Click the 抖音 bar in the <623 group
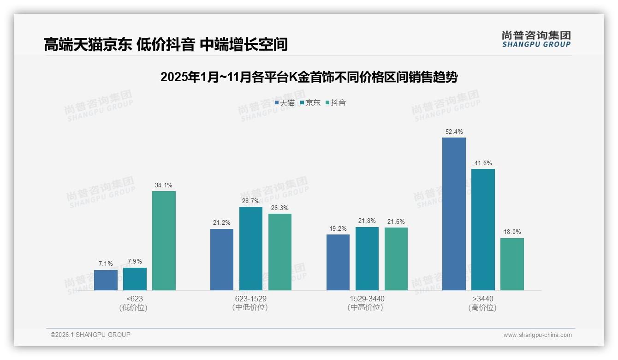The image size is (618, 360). pyautogui.click(x=164, y=240)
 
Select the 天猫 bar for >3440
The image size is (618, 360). pyautogui.click(x=454, y=214)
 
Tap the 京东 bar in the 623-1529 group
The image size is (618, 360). pyautogui.click(x=251, y=248)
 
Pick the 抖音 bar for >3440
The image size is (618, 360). pyautogui.click(x=512, y=264)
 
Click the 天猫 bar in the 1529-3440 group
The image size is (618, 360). pyautogui.click(x=338, y=262)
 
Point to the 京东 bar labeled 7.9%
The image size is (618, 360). pyautogui.click(x=135, y=279)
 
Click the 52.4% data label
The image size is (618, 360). pyautogui.click(x=454, y=132)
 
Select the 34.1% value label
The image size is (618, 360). pyautogui.click(x=164, y=185)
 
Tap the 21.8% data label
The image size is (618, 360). pyautogui.click(x=367, y=221)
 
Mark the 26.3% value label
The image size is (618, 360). pyautogui.click(x=280, y=208)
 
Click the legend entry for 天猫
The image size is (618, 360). pyautogui.click(x=285, y=102)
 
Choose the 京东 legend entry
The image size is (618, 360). pyautogui.click(x=310, y=102)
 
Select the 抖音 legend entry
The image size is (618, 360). pyautogui.click(x=336, y=102)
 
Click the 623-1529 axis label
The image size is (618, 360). pyautogui.click(x=251, y=299)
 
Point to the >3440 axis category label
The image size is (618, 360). pyautogui.click(x=483, y=299)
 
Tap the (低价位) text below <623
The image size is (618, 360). pyautogui.click(x=133, y=307)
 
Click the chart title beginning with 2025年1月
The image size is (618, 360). pyautogui.click(x=309, y=77)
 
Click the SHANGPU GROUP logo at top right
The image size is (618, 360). pyautogui.click(x=536, y=39)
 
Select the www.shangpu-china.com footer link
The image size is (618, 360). pyautogui.click(x=537, y=335)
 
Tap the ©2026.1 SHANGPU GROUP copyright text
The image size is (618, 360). pyautogui.click(x=90, y=335)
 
